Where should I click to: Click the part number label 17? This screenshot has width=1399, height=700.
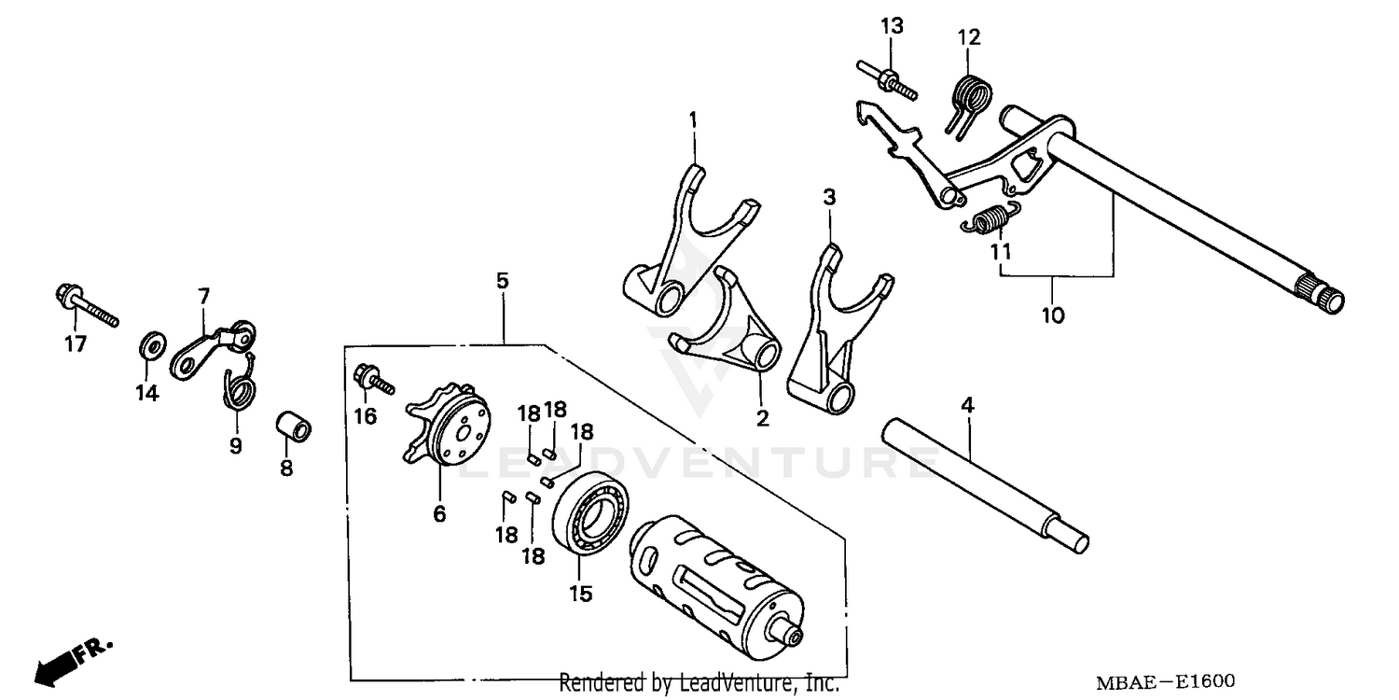coord(75,344)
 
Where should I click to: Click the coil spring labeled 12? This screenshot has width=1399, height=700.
coord(973,98)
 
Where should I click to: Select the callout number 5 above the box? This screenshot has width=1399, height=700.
coord(503,279)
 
